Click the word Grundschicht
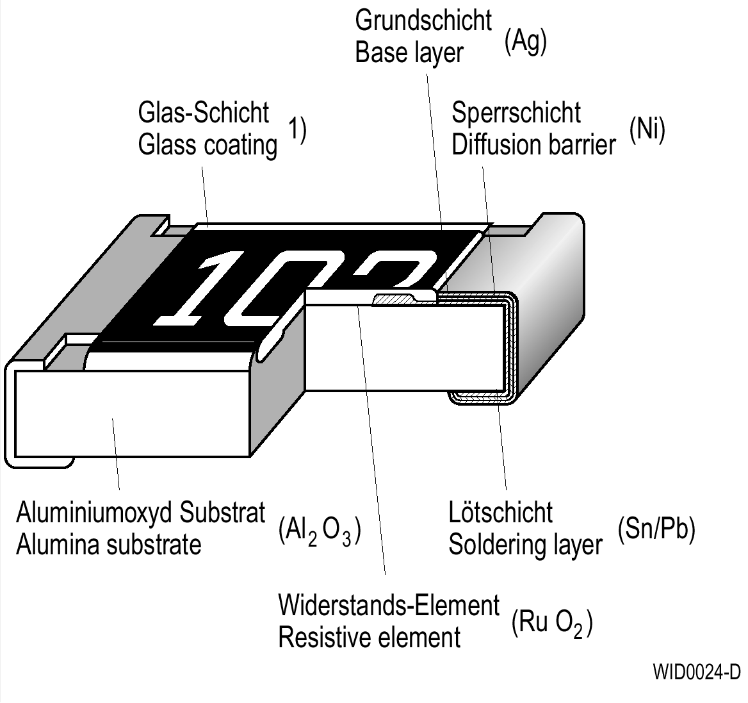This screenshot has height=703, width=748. [423, 21]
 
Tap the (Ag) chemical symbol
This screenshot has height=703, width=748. [525, 42]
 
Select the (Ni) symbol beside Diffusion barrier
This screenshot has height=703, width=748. [647, 130]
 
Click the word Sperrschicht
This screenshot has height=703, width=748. [516, 113]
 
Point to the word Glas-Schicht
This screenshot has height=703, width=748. [204, 113]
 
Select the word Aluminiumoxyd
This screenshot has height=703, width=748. [93, 513]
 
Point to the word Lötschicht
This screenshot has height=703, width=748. [500, 513]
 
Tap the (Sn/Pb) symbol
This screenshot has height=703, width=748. [656, 529]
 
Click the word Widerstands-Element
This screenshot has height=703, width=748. [389, 605]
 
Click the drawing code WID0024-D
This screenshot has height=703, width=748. [696, 672]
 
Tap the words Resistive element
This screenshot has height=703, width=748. [370, 638]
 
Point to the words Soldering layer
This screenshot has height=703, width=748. [525, 545]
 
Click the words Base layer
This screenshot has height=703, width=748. [408, 53]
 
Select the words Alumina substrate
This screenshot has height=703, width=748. [109, 545]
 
